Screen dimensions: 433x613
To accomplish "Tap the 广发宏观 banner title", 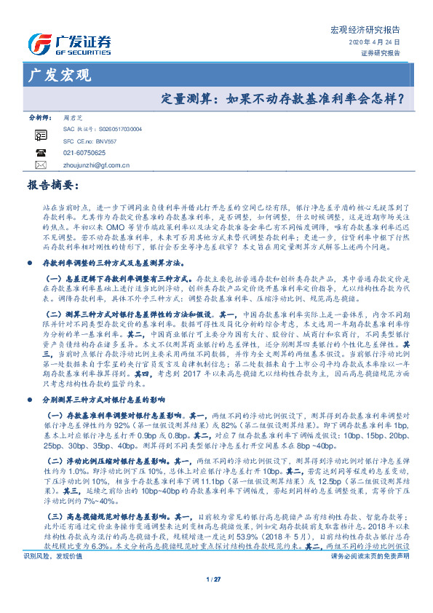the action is click(x=58, y=74).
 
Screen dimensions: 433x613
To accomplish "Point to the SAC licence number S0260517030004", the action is click(x=116, y=128).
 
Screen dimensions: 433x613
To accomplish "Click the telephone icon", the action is click(x=40, y=153).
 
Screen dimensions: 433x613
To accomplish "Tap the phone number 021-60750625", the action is click(x=85, y=153).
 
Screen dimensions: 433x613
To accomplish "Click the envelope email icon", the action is click(x=40, y=166).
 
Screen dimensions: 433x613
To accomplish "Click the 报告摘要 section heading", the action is click(x=51, y=186).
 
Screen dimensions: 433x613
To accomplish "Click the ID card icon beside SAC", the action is click(x=40, y=135).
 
